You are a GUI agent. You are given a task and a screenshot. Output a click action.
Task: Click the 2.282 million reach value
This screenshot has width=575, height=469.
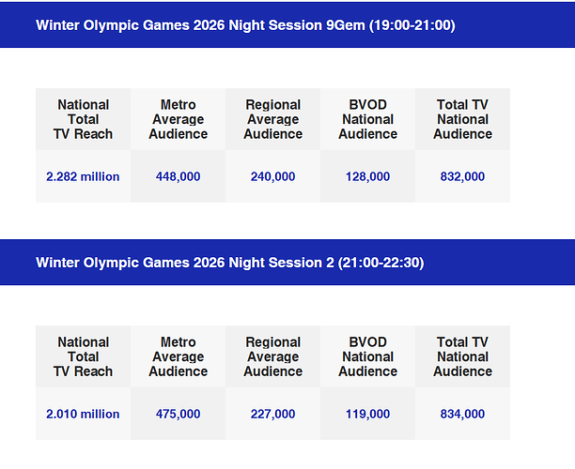click(x=83, y=176)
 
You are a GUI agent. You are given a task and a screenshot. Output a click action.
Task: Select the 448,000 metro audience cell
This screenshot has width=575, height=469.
click(x=178, y=176)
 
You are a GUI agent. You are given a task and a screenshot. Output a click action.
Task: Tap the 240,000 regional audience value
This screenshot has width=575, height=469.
click(x=272, y=176)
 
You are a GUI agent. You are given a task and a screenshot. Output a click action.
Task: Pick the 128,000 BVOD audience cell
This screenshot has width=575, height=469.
click(x=367, y=176)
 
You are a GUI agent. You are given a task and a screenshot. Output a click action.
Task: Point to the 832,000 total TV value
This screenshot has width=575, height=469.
click(x=462, y=176)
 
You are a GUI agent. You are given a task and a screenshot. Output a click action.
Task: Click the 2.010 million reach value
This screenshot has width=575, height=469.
click(x=83, y=414)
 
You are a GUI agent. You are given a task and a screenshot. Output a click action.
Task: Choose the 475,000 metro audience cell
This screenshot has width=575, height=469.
click(x=178, y=414)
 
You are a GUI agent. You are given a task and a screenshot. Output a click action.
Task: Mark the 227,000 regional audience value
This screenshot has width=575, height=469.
click(x=272, y=414)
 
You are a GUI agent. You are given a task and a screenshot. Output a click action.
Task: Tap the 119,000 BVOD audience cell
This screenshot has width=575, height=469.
click(x=367, y=414)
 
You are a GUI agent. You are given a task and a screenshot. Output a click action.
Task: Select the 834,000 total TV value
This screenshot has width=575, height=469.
click(x=462, y=414)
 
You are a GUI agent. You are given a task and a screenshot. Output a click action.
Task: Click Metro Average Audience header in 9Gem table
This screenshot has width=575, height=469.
click(x=178, y=119)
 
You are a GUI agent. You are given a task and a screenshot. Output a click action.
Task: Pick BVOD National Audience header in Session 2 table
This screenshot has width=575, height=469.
click(x=367, y=356)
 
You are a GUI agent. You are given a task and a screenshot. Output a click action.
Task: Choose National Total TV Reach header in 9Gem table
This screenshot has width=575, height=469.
click(x=83, y=119)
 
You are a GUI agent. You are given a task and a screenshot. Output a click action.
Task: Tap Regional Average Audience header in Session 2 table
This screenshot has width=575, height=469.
click(x=272, y=356)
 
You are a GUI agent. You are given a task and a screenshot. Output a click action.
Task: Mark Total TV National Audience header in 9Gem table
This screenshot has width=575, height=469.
click(x=462, y=119)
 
